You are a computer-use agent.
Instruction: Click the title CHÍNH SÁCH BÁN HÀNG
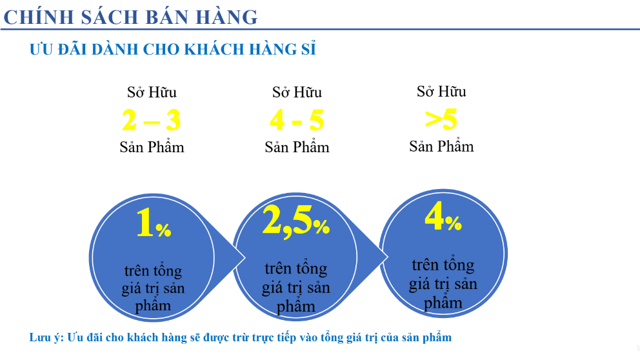point(130,16)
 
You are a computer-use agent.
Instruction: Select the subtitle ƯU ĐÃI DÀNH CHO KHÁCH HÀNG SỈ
point(172,50)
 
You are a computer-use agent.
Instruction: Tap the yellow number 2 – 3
point(152,120)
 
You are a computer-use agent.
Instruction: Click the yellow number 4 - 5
point(297,120)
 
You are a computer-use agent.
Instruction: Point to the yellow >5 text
point(441,119)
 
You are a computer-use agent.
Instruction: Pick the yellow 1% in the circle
point(153,224)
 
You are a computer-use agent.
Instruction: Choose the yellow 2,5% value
point(296,221)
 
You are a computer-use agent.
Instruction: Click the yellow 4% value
point(443,218)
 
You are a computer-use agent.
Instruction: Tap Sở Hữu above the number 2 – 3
point(152,92)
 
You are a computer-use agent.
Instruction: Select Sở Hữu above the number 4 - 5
point(297,92)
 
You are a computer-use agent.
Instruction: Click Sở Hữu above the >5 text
point(441,92)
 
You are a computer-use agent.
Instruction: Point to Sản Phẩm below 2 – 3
point(152,147)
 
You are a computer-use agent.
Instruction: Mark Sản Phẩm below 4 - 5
point(297,147)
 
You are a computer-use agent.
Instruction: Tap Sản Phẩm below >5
point(441,146)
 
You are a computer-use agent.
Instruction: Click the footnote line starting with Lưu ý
point(240,337)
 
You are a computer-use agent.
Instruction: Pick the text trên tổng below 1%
point(153,270)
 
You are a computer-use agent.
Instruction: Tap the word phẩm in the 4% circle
point(443,302)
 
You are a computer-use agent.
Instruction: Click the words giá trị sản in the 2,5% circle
point(296,286)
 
